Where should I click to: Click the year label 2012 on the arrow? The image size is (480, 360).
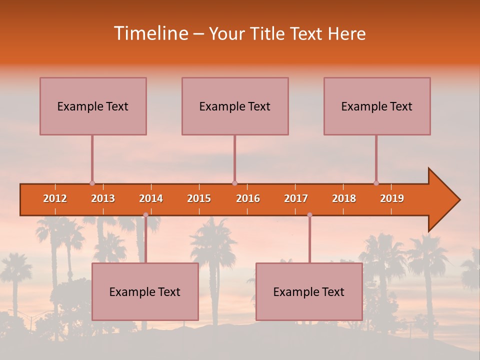click(x=55, y=198)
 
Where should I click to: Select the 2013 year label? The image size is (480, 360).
click(x=103, y=198)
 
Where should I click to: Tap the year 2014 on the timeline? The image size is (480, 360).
click(x=151, y=198)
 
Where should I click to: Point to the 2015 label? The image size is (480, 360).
click(x=199, y=198)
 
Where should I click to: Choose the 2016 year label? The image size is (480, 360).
click(x=248, y=198)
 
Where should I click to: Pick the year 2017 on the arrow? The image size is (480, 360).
click(x=296, y=198)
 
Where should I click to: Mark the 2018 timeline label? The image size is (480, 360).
click(x=344, y=198)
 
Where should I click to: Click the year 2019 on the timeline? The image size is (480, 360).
click(x=392, y=198)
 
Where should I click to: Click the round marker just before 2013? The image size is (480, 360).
click(x=92, y=183)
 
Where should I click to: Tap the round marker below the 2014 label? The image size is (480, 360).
click(x=145, y=215)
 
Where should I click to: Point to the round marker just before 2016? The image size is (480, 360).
click(x=234, y=183)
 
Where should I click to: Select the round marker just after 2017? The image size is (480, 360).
click(x=309, y=215)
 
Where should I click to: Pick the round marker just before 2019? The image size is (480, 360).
click(x=376, y=183)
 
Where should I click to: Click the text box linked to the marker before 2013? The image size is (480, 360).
click(x=93, y=106)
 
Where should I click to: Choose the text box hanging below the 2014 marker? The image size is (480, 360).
click(x=145, y=291)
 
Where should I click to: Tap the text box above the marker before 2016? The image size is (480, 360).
click(x=235, y=106)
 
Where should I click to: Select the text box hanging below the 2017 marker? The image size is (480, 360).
click(x=309, y=291)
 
